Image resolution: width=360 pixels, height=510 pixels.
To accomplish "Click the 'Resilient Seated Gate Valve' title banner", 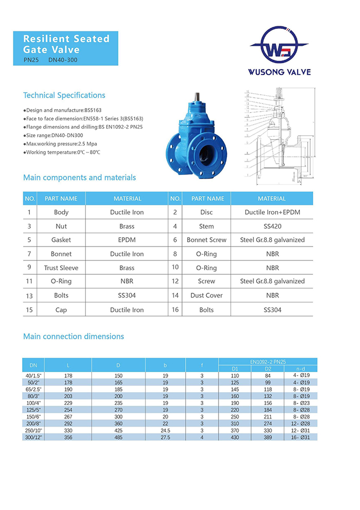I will pyautogui.click(x=67, y=48).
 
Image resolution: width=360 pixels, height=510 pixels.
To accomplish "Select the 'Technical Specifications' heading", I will pyautogui.click(x=64, y=95).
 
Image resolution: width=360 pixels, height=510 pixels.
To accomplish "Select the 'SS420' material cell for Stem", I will pyautogui.click(x=272, y=226).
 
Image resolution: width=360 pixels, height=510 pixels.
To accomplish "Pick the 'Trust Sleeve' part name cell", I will pyautogui.click(x=61, y=268).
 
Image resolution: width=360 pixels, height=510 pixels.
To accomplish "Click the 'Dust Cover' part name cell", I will pyautogui.click(x=206, y=295).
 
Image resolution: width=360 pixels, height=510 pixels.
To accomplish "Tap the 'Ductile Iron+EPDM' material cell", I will pyautogui.click(x=272, y=212).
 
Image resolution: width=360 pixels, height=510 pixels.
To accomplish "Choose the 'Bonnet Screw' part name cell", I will pyautogui.click(x=206, y=240).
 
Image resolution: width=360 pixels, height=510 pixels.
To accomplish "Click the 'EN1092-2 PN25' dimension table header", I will pyautogui.click(x=267, y=362).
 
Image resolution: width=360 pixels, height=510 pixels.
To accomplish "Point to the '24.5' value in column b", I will pyautogui.click(x=165, y=430).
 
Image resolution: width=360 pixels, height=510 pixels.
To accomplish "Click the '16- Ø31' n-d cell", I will pyautogui.click(x=300, y=436).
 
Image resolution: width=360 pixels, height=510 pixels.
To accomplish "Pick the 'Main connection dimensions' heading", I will pyautogui.click(x=74, y=337).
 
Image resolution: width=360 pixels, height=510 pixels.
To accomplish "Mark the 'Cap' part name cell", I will pyautogui.click(x=61, y=310).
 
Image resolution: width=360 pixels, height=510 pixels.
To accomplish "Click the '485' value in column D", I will pyautogui.click(x=118, y=436).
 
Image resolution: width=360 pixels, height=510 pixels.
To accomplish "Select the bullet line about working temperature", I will pyautogui.click(x=62, y=152).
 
